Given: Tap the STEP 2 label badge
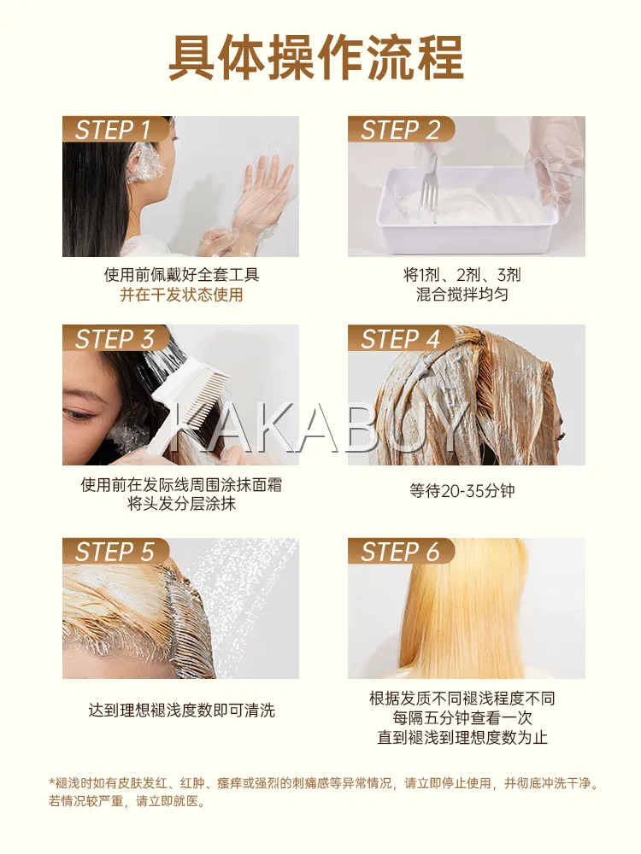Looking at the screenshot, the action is point(401,130).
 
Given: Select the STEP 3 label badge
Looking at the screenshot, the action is point(115,338).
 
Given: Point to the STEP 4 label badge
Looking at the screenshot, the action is point(401,338).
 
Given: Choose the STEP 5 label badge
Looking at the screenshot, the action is point(115,551).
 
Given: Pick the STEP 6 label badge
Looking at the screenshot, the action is point(401,551).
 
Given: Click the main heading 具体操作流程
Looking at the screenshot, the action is point(316,58).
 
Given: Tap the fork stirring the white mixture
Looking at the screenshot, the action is point(431,188).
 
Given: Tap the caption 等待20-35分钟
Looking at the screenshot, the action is point(462,491).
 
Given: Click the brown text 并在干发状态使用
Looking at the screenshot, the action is point(181,295).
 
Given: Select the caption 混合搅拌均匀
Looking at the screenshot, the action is point(462,295).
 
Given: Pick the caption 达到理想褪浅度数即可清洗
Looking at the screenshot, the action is point(181,711).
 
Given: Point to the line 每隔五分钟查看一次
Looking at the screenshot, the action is point(462,718).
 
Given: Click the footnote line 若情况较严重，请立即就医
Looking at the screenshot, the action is point(127,801).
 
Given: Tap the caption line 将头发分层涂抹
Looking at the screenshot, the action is point(181,504).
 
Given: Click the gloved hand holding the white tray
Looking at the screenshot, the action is point(553,167).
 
